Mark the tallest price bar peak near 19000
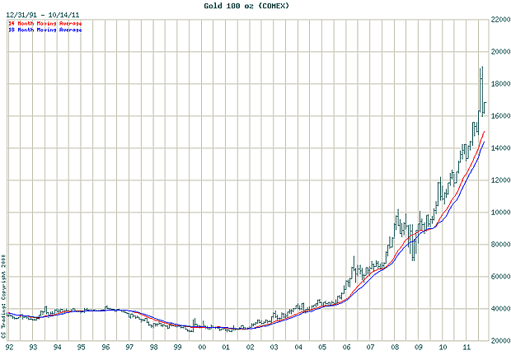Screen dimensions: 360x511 (x=481, y=68)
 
